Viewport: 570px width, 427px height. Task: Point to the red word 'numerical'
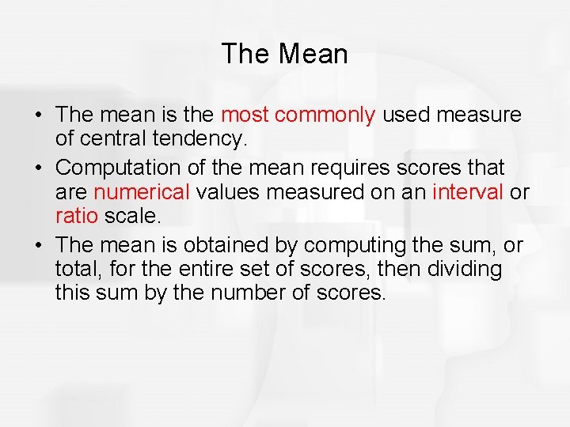click(x=142, y=191)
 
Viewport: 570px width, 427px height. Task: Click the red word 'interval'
click(x=468, y=191)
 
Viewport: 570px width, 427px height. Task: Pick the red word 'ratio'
click(x=75, y=217)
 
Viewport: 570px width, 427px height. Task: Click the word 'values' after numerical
click(x=230, y=191)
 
